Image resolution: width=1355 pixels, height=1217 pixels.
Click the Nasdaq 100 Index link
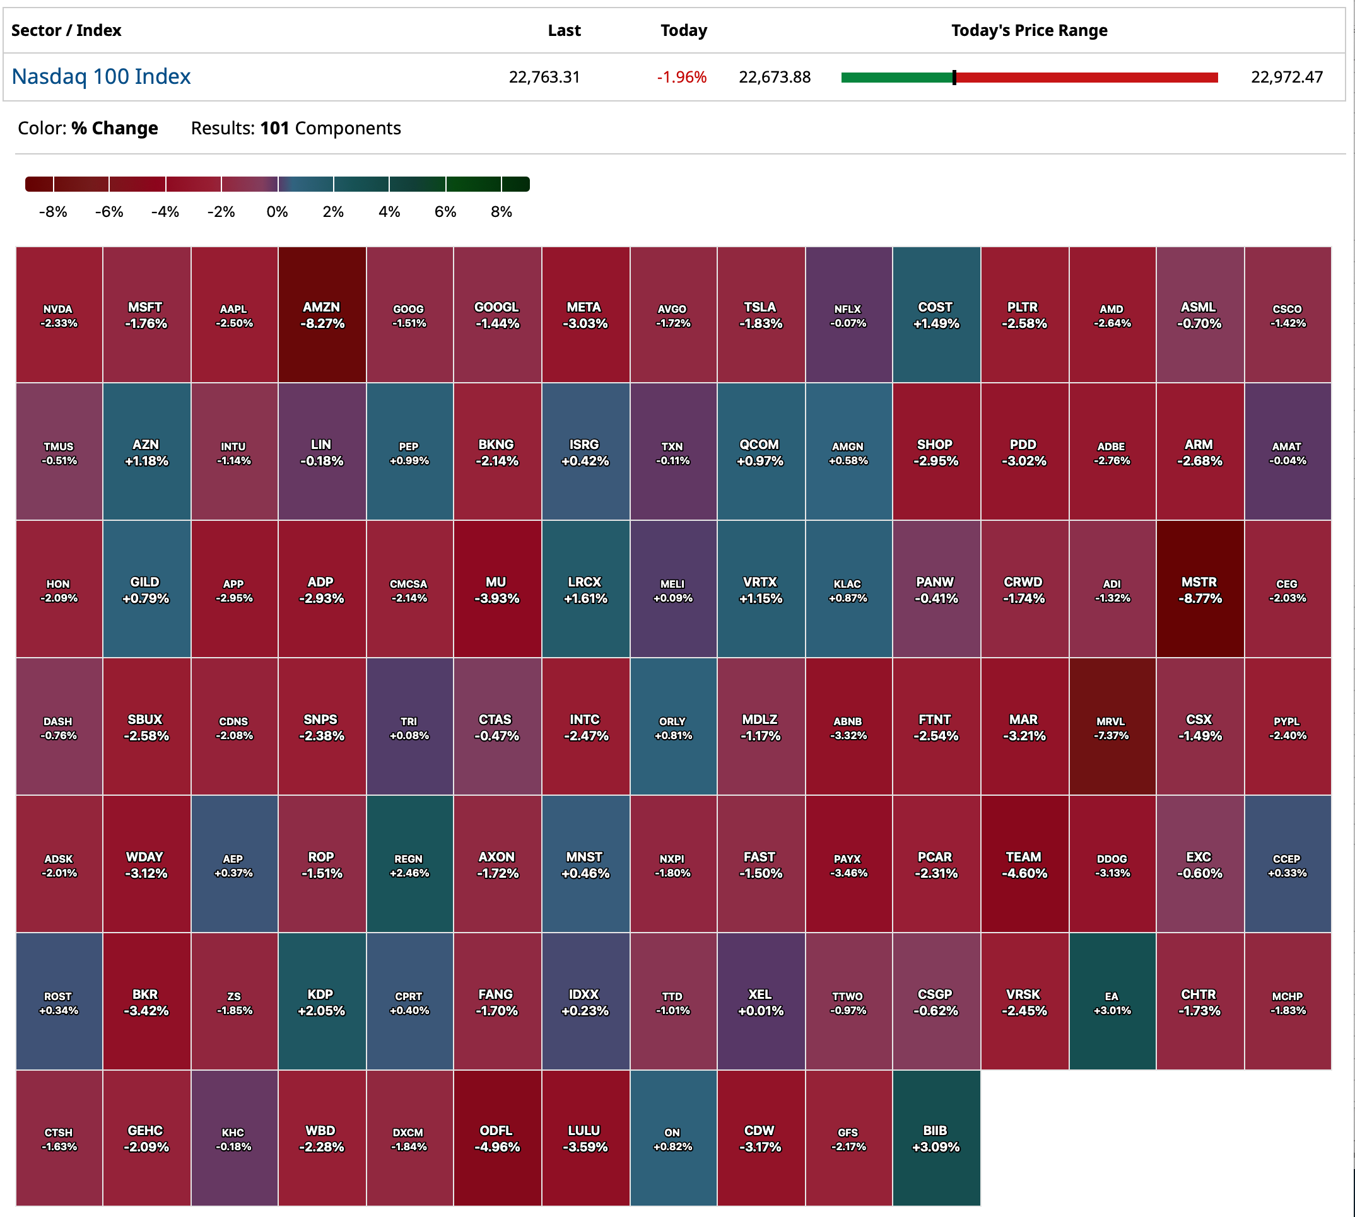tap(101, 77)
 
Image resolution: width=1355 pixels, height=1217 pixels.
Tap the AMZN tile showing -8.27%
tap(322, 315)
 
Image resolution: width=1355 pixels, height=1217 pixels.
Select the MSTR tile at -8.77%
tap(1199, 590)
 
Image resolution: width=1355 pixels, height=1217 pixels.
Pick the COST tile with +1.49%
tap(936, 315)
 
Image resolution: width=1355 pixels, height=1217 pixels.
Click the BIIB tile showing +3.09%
tap(936, 1138)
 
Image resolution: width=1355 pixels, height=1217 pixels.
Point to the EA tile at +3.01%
tap(1112, 1002)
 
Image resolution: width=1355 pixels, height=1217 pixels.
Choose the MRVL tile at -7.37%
tap(1112, 728)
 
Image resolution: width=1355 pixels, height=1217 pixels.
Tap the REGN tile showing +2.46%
tap(409, 865)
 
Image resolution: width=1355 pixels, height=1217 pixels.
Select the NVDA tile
tap(59, 315)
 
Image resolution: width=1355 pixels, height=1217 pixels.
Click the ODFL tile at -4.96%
tap(496, 1138)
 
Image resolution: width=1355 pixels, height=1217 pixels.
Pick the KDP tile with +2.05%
tap(321, 1002)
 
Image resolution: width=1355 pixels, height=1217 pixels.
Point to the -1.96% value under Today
tap(681, 78)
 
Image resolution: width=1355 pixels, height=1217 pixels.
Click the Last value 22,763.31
tap(544, 78)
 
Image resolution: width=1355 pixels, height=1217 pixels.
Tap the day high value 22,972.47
tap(1286, 78)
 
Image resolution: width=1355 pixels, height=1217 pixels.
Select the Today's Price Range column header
tap(1029, 31)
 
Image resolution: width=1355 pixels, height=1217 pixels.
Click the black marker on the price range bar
tap(954, 78)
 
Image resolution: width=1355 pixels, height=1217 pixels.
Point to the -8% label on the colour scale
tap(53, 212)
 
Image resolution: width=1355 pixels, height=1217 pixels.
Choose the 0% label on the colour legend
tap(277, 212)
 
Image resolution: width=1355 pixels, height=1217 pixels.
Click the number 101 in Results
tap(274, 129)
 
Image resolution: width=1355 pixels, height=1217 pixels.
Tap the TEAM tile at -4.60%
tap(1024, 865)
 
